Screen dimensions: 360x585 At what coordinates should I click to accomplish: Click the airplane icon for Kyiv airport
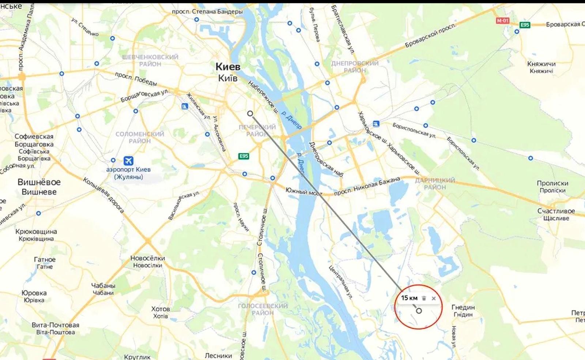point(128,161)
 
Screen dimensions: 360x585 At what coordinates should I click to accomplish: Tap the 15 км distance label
point(409,298)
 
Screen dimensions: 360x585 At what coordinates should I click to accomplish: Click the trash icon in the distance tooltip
point(424,298)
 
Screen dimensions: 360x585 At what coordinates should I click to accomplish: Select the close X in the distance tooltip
point(434,298)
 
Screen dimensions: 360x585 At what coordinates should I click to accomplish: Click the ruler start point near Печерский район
point(250,113)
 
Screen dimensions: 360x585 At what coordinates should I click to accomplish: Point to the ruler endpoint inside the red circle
point(419,311)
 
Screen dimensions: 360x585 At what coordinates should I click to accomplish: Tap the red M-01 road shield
point(503,21)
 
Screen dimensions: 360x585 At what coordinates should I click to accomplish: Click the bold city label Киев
point(228,67)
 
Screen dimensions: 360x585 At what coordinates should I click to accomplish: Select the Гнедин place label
point(463,307)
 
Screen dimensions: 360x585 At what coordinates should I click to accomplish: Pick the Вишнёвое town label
point(39,182)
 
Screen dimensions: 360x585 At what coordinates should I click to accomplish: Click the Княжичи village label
point(541,64)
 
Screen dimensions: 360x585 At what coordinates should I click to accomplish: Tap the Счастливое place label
point(556,211)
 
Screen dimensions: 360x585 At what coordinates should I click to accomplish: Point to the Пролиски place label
point(552,183)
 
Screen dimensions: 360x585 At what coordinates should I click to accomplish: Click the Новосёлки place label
point(147,258)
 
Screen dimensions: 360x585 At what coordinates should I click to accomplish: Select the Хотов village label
point(161,309)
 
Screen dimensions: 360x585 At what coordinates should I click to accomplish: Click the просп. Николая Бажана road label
point(367,186)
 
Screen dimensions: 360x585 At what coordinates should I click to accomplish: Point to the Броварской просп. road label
point(430,35)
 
